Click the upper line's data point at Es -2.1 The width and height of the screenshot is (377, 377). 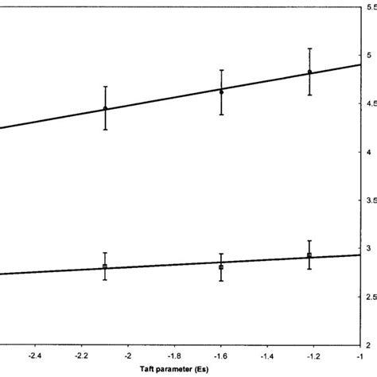pos(105,108)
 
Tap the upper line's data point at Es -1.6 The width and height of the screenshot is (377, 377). pos(221,91)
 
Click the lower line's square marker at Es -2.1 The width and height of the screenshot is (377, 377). pos(105,266)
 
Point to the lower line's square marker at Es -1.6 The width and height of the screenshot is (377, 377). pos(221,266)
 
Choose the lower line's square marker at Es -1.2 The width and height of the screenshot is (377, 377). pos(309,255)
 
